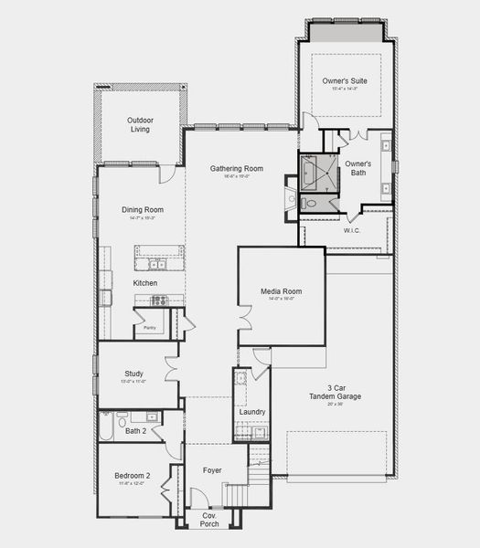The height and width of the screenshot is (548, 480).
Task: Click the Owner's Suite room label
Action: [344, 81]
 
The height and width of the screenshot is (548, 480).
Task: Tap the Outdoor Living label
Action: [140, 124]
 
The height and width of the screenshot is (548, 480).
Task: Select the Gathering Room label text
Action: [237, 168]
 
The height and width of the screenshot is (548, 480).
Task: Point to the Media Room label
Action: [281, 291]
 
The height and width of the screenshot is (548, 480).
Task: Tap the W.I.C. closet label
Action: [353, 230]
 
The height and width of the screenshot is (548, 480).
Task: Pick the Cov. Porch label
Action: [209, 519]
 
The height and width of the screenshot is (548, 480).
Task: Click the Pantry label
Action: [148, 326]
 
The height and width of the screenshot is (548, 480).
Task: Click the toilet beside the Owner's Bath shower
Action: [310, 204]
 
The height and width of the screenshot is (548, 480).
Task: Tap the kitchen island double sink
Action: [159, 265]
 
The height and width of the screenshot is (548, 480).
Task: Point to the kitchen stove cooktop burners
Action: [106, 297]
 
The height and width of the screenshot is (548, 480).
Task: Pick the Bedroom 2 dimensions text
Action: [133, 483]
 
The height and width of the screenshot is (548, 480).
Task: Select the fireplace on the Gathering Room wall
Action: [291, 199]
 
